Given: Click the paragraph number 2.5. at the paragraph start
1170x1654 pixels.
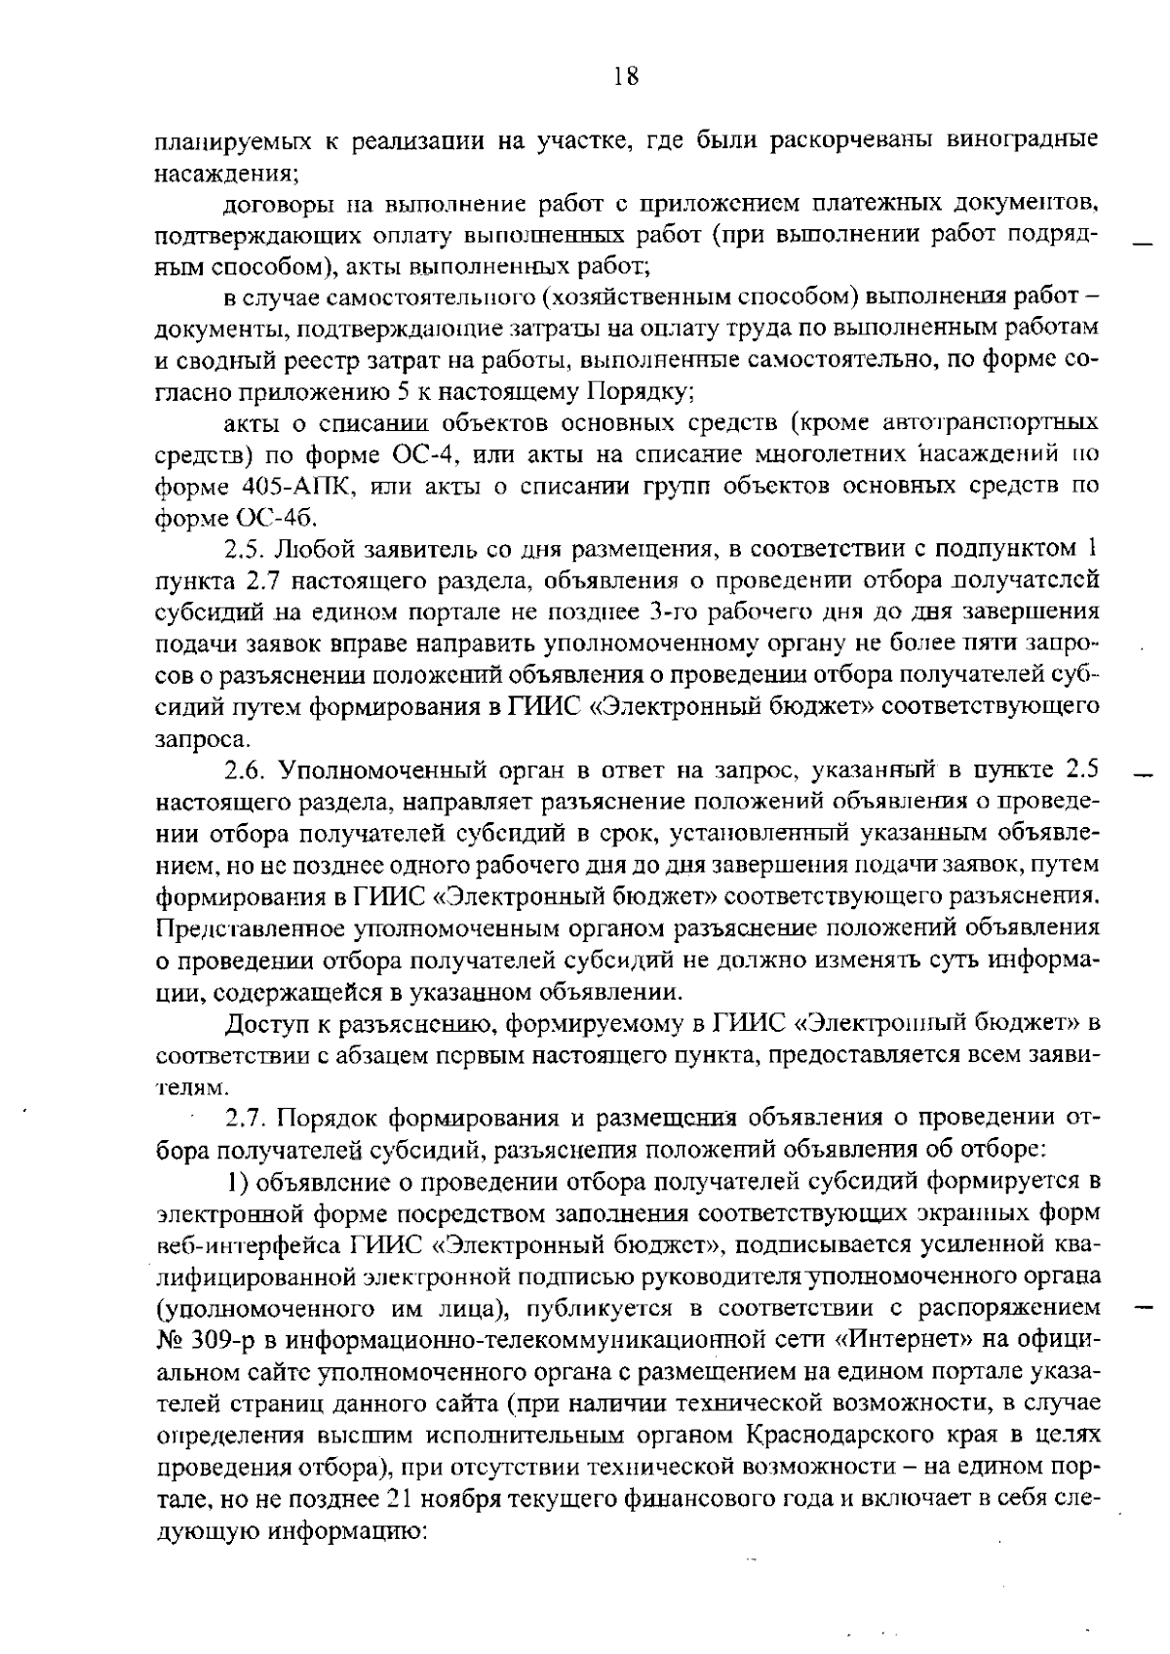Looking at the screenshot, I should tap(249, 549).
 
